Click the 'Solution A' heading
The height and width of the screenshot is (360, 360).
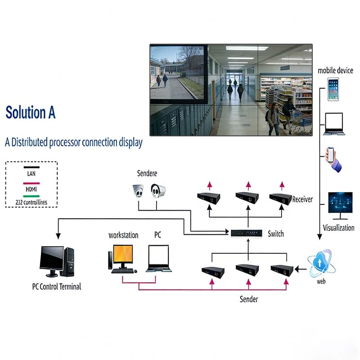(x=31, y=112)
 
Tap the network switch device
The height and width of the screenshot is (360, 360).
(x=247, y=233)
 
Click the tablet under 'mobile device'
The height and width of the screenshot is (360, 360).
(x=333, y=89)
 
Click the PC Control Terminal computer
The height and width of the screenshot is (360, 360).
(x=56, y=262)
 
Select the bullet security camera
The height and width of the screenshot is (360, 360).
(x=158, y=191)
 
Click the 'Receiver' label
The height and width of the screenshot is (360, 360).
(x=302, y=199)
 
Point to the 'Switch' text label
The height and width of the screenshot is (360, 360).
(x=276, y=234)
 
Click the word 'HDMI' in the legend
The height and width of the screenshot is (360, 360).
(x=31, y=190)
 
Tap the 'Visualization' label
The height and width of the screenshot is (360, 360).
(x=338, y=228)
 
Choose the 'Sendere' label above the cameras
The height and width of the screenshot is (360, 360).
(x=147, y=173)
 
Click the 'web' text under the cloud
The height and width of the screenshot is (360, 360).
(x=321, y=282)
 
